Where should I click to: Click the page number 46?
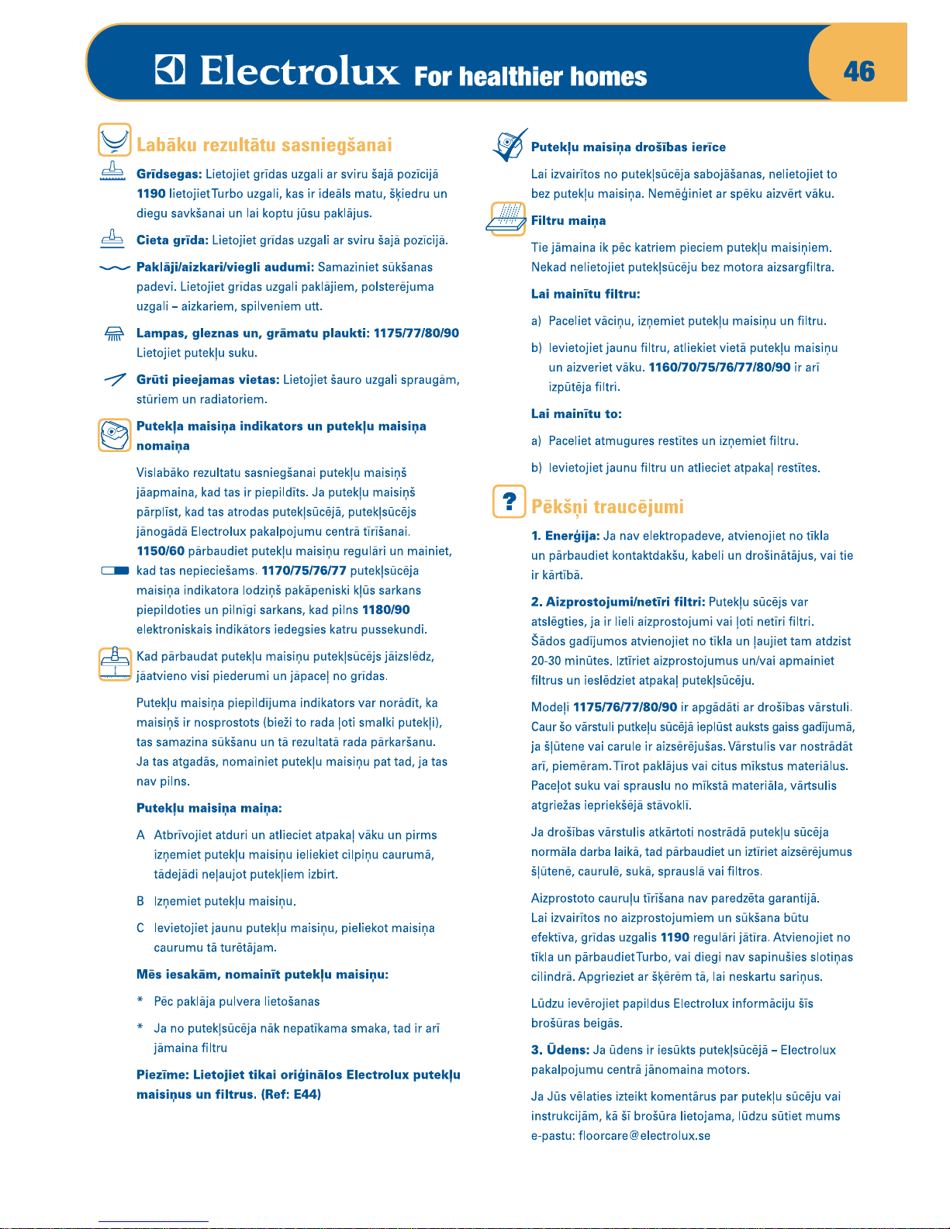pyautogui.click(x=859, y=71)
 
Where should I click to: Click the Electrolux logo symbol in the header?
pyautogui.click(x=170, y=71)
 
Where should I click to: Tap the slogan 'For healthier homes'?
pyautogui.click(x=530, y=77)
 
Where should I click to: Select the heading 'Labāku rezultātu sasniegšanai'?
pyautogui.click(x=264, y=145)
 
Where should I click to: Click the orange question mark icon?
pyautogui.click(x=509, y=502)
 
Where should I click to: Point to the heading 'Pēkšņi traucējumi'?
pyautogui.click(x=607, y=507)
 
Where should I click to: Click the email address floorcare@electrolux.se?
pyautogui.click(x=644, y=1136)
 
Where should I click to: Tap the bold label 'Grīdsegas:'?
pyautogui.click(x=169, y=174)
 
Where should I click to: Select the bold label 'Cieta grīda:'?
pyautogui.click(x=172, y=240)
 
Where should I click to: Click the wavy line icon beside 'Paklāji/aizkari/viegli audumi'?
pyautogui.click(x=114, y=268)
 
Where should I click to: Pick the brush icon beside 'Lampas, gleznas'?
pyautogui.click(x=114, y=334)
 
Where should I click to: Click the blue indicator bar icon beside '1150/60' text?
pyautogui.click(x=115, y=571)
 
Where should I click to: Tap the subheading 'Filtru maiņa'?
pyautogui.click(x=568, y=221)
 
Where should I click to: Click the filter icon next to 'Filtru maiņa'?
pyautogui.click(x=507, y=218)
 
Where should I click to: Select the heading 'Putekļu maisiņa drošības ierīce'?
pyautogui.click(x=628, y=147)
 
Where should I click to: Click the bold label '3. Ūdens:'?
pyautogui.click(x=560, y=1050)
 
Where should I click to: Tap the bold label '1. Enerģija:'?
pyautogui.click(x=565, y=536)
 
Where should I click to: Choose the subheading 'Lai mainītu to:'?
pyautogui.click(x=576, y=414)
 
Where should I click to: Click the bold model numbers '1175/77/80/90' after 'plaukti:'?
pyautogui.click(x=416, y=333)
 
